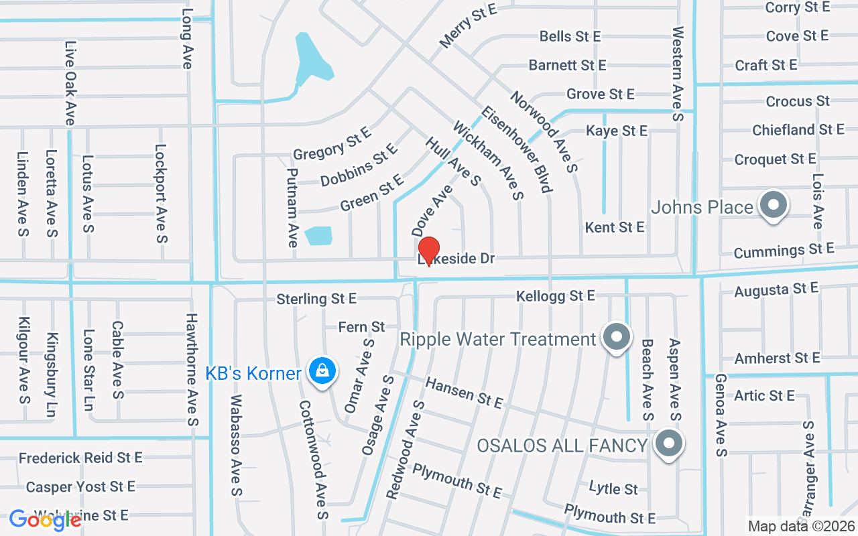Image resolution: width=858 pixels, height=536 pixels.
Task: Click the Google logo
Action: [x=45, y=520]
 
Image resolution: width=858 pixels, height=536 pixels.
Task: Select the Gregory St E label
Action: [x=332, y=143]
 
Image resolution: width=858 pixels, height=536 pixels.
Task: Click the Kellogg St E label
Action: [x=555, y=295]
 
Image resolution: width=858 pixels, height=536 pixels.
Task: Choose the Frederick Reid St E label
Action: [x=80, y=458]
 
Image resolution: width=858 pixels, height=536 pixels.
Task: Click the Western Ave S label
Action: [x=678, y=74]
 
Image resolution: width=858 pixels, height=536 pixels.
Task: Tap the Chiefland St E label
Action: [x=798, y=129]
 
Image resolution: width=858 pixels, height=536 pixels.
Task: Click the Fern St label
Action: [x=362, y=327]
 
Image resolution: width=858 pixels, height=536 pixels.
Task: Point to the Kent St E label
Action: [x=614, y=227]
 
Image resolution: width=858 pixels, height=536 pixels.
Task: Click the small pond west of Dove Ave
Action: [x=318, y=235]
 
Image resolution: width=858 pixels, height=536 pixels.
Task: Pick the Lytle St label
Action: [x=613, y=488]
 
